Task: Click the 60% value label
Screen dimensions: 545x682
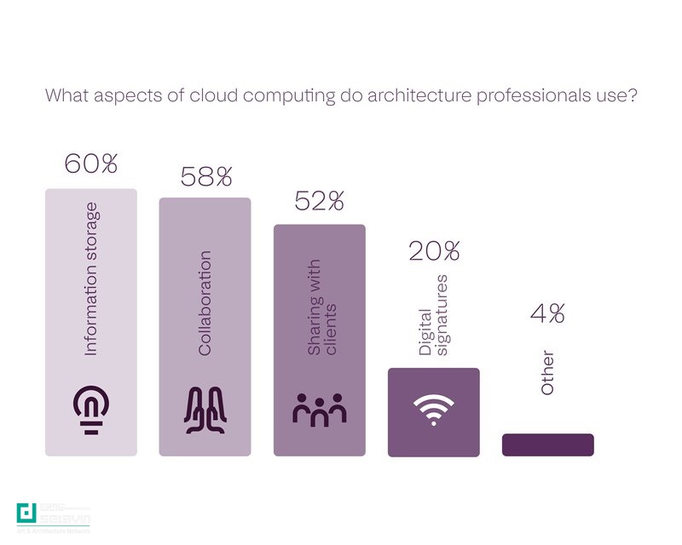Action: click(90, 164)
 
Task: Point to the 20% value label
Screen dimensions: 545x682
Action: click(434, 251)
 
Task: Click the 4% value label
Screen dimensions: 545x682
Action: click(547, 313)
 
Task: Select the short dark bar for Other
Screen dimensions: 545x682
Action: click(547, 445)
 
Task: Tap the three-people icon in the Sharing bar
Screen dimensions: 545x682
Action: click(319, 410)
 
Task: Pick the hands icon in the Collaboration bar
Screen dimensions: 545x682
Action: click(205, 409)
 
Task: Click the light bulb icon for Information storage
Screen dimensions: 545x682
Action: click(90, 409)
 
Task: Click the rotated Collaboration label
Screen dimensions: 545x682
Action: click(205, 303)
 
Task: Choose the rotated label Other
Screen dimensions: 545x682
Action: click(547, 373)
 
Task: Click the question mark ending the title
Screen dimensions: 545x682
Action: click(634, 95)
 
